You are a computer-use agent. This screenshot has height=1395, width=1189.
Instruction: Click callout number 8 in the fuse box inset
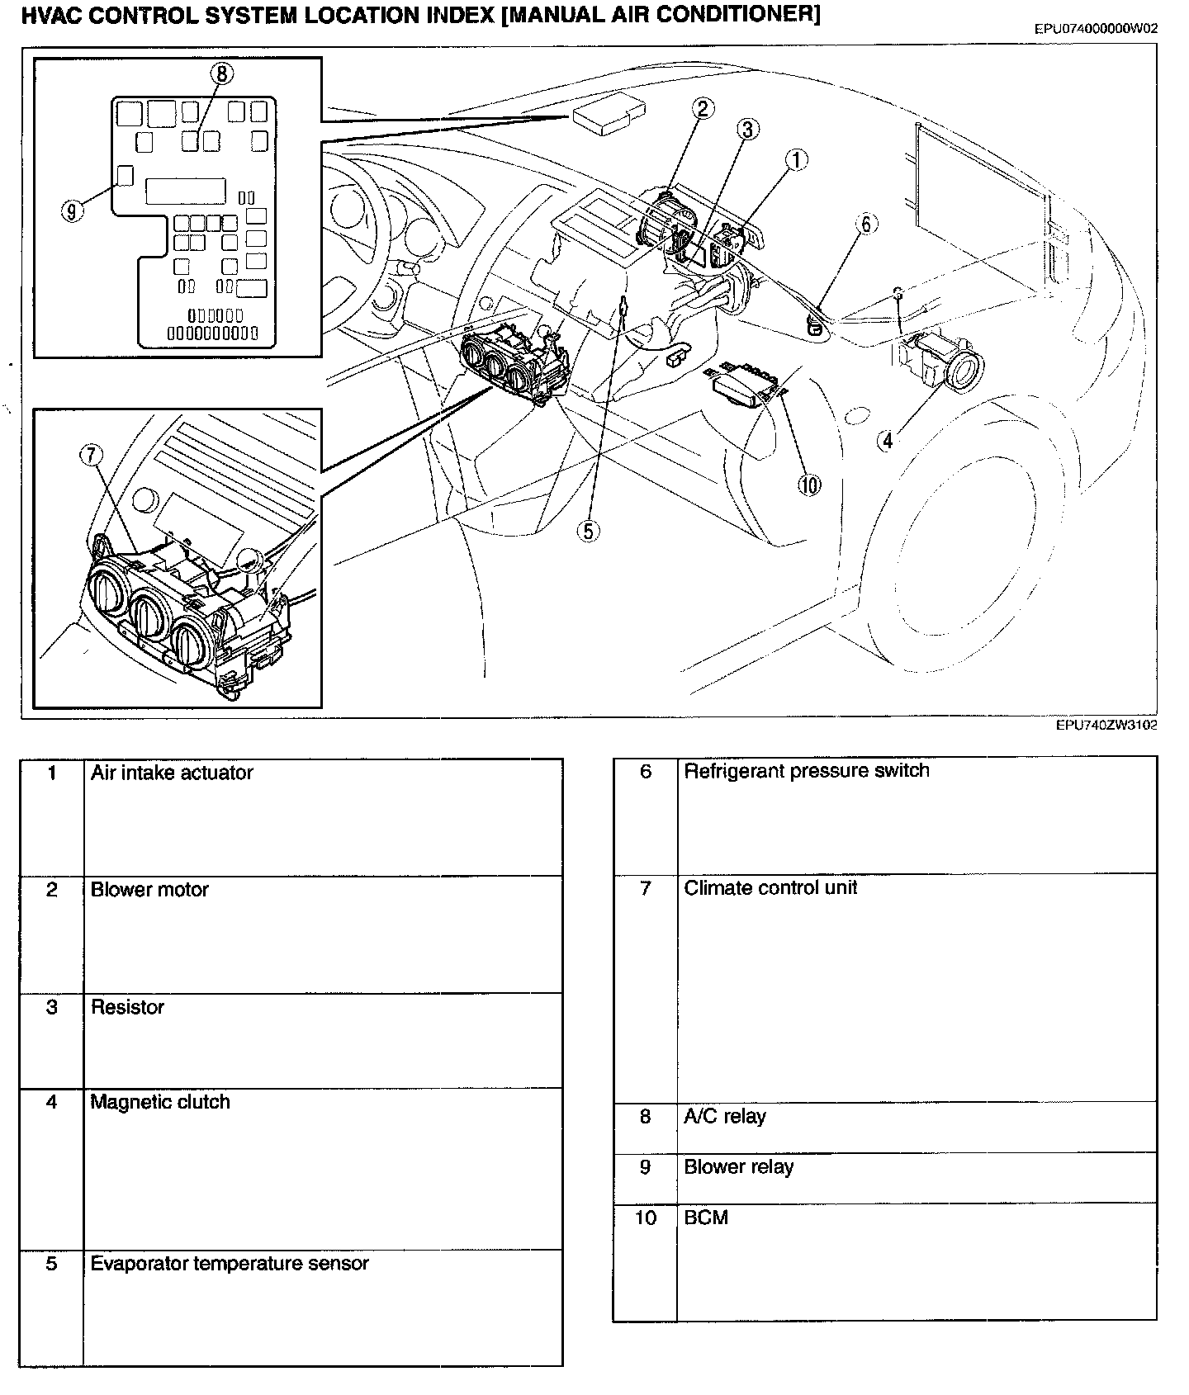(x=221, y=73)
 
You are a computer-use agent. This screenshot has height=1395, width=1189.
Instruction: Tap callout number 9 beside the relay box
(x=72, y=211)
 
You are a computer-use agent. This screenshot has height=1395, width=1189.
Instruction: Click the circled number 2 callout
(x=703, y=108)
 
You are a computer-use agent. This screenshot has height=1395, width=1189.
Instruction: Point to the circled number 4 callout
(x=887, y=441)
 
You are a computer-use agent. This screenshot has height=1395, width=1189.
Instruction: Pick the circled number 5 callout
(x=587, y=531)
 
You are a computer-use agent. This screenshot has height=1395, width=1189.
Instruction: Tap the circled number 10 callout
(x=809, y=485)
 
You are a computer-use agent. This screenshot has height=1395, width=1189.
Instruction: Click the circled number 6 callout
(x=865, y=224)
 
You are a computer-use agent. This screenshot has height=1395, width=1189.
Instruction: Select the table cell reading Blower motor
(x=149, y=890)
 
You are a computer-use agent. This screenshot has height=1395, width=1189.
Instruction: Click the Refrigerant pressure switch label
(x=807, y=771)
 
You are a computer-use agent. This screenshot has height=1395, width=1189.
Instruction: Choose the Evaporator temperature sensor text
(x=230, y=1264)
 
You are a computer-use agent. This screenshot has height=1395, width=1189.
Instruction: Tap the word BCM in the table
(x=706, y=1218)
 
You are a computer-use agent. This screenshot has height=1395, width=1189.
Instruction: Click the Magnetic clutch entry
(x=160, y=1102)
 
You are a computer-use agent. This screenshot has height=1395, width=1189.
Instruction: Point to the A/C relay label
(x=725, y=1117)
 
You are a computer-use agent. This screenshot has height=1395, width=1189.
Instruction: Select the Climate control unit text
(x=770, y=888)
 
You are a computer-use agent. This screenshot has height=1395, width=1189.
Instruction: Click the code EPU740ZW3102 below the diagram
(x=1106, y=726)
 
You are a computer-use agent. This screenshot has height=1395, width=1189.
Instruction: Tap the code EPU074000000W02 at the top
(x=1096, y=29)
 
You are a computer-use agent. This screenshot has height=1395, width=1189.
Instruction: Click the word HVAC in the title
(x=50, y=16)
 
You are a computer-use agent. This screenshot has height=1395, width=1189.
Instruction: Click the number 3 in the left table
(x=52, y=1007)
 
